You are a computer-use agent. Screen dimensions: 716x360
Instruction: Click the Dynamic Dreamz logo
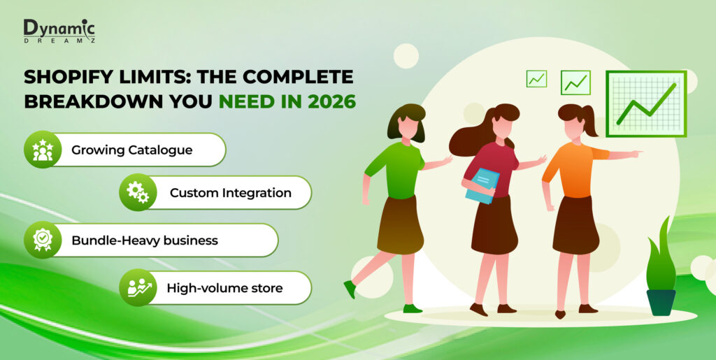tap(59, 31)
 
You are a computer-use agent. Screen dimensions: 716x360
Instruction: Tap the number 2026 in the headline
tap(331, 101)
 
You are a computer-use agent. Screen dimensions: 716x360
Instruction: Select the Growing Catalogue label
tap(132, 150)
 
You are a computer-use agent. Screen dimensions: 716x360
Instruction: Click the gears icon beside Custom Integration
tap(138, 192)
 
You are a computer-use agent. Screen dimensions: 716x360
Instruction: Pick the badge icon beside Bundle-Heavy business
tap(43, 240)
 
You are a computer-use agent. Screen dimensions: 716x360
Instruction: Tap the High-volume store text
tap(224, 288)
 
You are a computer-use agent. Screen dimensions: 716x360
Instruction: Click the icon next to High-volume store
tap(138, 287)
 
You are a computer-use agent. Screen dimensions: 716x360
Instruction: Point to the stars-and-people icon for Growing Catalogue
tap(43, 150)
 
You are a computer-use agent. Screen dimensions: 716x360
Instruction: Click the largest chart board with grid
tap(646, 103)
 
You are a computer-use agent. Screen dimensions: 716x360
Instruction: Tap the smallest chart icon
tap(536, 78)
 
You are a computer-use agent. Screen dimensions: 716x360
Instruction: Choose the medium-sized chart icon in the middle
tap(575, 82)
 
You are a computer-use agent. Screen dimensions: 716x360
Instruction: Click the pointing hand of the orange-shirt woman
tap(636, 152)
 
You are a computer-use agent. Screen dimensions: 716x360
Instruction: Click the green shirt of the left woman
tap(396, 170)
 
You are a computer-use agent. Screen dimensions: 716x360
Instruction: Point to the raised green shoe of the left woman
tap(350, 289)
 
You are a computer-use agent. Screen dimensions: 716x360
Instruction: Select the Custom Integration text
tap(231, 193)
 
